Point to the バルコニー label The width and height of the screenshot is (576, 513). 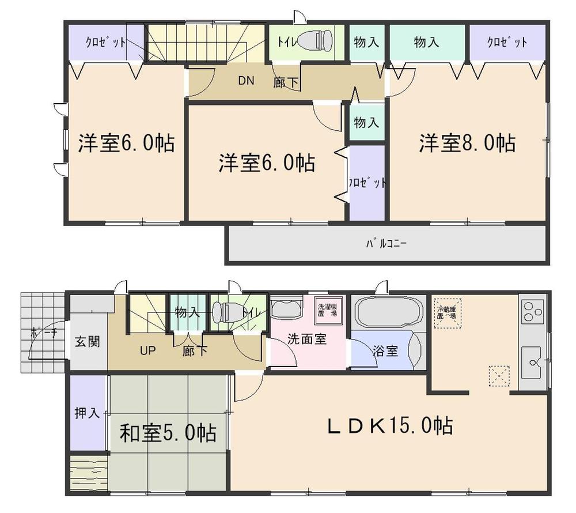point(386,244)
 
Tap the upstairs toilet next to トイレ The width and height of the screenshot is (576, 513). point(316,41)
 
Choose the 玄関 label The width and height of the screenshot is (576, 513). point(88,341)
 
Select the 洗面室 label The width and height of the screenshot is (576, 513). point(307,340)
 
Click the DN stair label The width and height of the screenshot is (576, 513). point(247,80)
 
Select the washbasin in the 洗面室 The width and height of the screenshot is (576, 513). point(286,309)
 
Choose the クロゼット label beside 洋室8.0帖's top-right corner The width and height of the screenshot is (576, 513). point(507,43)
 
